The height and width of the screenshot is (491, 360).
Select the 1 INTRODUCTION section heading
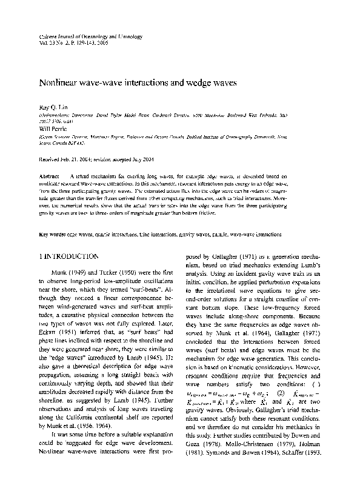point(68,240)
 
